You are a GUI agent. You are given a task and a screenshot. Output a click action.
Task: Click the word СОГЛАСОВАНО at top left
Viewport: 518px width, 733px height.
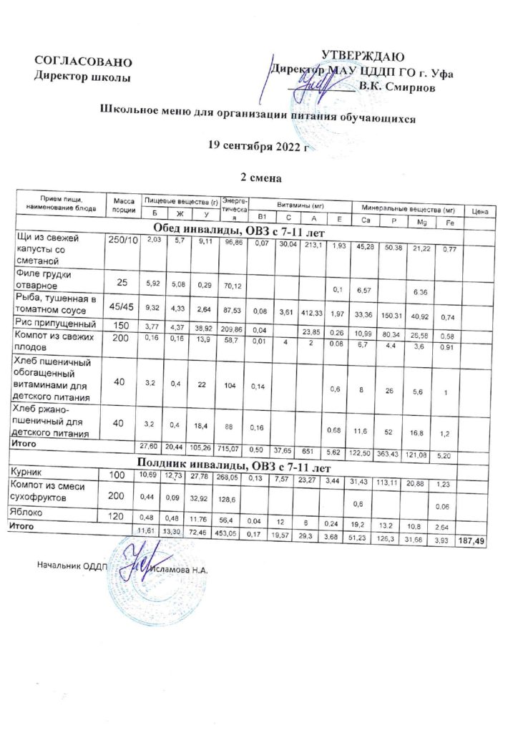[x=83, y=61]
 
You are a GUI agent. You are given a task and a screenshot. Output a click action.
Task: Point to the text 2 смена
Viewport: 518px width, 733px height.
[x=258, y=175]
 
